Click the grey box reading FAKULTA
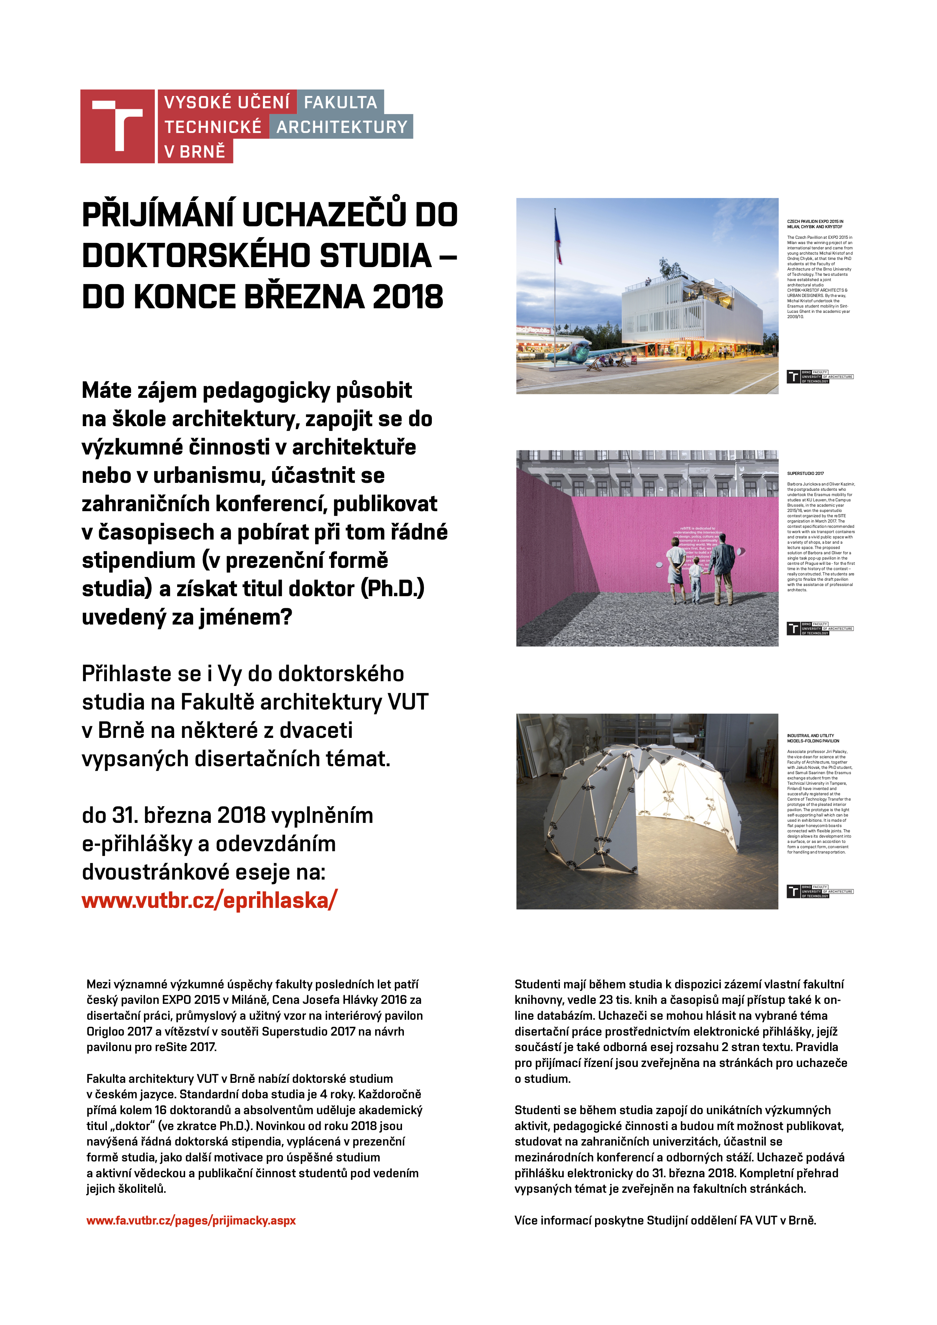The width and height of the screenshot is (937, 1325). [x=340, y=102]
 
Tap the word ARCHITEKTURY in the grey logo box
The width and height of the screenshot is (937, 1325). [x=342, y=127]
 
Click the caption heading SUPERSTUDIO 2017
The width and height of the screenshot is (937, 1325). [x=806, y=473]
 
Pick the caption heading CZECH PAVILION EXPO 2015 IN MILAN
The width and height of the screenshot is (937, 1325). [x=815, y=224]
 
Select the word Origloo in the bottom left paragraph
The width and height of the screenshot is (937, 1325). [x=105, y=1031]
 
